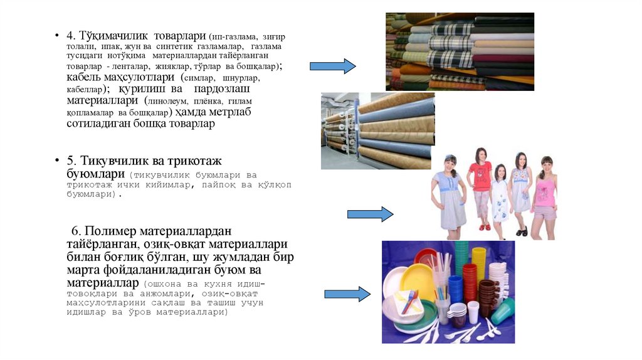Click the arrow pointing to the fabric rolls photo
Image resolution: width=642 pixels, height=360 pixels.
(x=332, y=66)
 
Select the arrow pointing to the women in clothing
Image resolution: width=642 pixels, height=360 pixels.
(x=370, y=214)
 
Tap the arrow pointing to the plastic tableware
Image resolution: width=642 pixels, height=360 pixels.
(x=347, y=294)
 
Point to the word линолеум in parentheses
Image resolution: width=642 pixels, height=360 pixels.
(x=170, y=101)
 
